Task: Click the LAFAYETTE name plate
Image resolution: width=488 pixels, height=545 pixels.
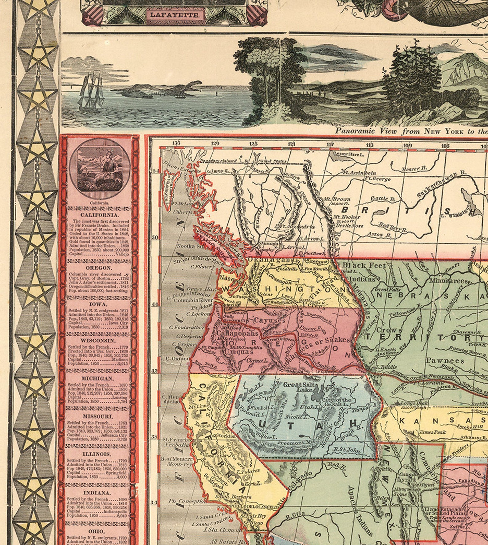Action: [174, 14]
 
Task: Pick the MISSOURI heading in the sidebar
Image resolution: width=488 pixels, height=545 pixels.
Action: [98, 416]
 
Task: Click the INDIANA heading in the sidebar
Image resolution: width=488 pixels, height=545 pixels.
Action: [97, 493]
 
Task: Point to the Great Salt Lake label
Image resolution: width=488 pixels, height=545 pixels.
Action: [299, 387]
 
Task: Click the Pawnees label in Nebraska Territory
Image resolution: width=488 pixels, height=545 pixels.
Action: [445, 361]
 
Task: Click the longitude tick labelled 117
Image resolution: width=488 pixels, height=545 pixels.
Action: [331, 144]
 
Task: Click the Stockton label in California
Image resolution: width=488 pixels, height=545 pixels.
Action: [226, 436]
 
